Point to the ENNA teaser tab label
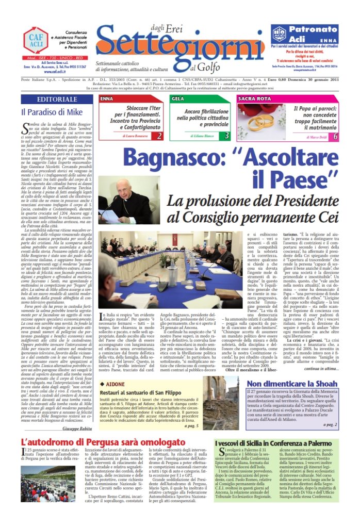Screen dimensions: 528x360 pos(107,98)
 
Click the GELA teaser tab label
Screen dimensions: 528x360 pos(177,98)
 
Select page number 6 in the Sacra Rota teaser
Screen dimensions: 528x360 pos(335,136)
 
